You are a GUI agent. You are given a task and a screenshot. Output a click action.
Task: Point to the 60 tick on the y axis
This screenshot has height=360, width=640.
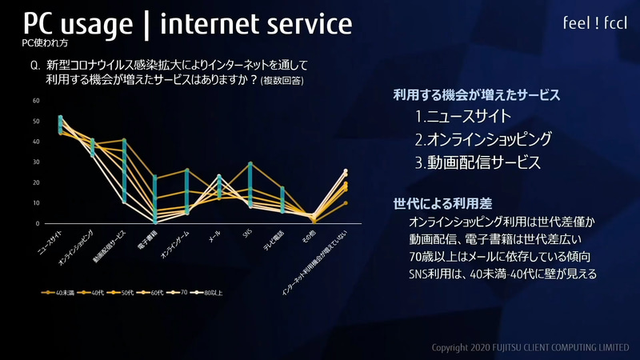[x=36, y=101]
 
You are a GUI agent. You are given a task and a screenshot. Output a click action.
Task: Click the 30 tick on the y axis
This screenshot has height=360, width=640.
[x=36, y=162]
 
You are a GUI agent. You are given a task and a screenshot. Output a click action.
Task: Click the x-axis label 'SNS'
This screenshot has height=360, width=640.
[x=248, y=234]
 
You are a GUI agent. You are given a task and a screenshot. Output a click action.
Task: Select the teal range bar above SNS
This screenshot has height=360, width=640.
[x=250, y=186]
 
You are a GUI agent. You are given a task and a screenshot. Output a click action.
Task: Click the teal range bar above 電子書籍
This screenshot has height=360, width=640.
[x=155, y=199]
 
